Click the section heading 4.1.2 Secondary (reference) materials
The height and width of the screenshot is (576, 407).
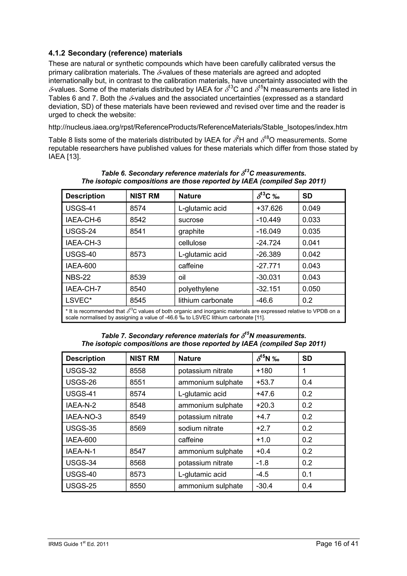[x=115, y=53]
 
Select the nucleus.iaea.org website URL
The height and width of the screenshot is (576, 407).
[x=198, y=127]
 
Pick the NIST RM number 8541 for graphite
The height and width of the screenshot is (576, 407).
[x=138, y=231]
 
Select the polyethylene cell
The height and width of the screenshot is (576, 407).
[x=198, y=289]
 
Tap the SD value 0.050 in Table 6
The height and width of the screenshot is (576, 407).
[x=311, y=289]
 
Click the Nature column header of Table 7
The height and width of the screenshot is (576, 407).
[x=189, y=359]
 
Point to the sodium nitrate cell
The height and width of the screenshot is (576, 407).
[x=201, y=428]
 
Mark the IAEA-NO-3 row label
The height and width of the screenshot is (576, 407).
[x=83, y=417]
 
